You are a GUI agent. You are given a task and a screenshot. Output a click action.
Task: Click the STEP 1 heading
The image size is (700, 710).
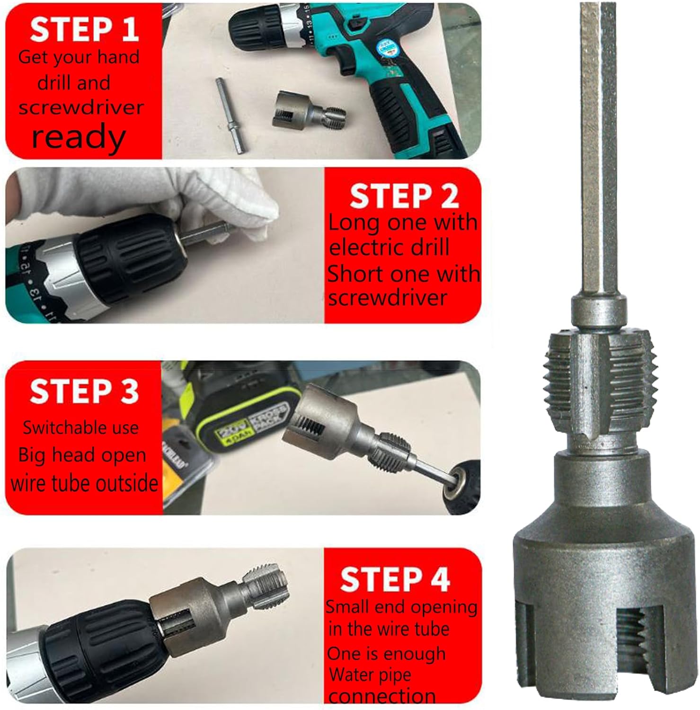(84, 29)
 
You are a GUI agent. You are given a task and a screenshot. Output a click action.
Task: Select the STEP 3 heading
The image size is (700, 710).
(84, 391)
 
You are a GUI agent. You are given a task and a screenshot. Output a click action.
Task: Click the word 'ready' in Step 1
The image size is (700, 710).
(79, 137)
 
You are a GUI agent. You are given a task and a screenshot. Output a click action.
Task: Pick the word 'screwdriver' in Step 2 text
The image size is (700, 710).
(387, 298)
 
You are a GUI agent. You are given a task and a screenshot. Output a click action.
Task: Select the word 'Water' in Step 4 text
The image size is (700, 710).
(350, 675)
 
